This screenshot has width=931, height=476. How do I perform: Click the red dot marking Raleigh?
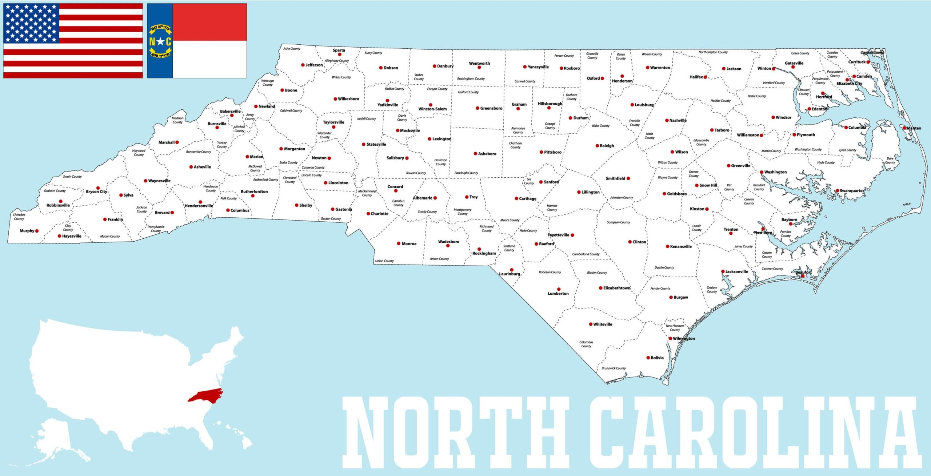click(x=597, y=146)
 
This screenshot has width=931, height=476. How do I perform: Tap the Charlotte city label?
click(x=379, y=214)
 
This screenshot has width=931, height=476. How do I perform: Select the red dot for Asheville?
click(x=191, y=167)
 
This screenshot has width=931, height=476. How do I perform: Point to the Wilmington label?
click(x=684, y=339)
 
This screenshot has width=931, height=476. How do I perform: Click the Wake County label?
click(x=600, y=126)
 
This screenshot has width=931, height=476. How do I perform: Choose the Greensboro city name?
click(x=491, y=108)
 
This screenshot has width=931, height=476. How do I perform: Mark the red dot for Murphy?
click(x=37, y=231)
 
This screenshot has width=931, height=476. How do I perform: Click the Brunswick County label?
click(x=614, y=368)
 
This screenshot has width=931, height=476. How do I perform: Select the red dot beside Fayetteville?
click(x=572, y=235)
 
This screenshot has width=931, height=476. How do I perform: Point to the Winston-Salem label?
click(x=432, y=109)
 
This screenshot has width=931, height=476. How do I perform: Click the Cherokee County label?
click(x=19, y=217)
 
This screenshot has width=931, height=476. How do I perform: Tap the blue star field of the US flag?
click(x=31, y=23)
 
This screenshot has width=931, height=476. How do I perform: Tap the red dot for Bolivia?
click(x=648, y=358)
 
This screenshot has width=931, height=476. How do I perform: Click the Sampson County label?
click(x=618, y=222)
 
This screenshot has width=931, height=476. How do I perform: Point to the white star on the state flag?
click(x=160, y=41)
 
